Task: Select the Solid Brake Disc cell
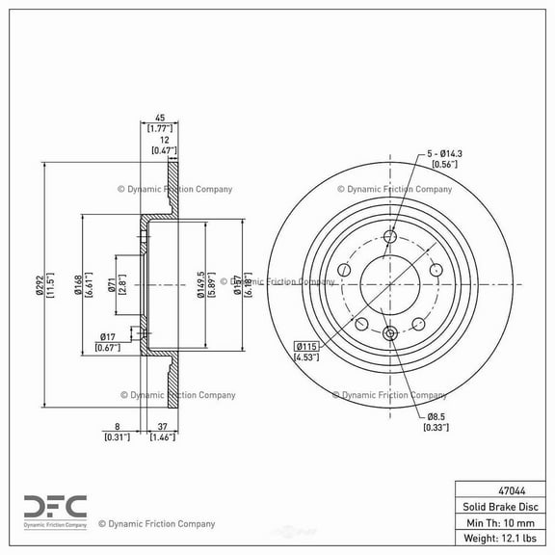[x=500, y=506]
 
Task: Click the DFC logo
[x=54, y=507]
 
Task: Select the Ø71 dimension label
[x=113, y=284]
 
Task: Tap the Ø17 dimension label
[x=107, y=336]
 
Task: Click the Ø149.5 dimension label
[x=199, y=284]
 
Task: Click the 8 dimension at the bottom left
[x=116, y=427]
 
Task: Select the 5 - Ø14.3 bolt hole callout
[x=444, y=154]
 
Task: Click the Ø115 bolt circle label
[x=306, y=346]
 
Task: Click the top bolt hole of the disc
[x=390, y=238]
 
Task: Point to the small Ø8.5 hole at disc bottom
[x=390, y=333]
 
